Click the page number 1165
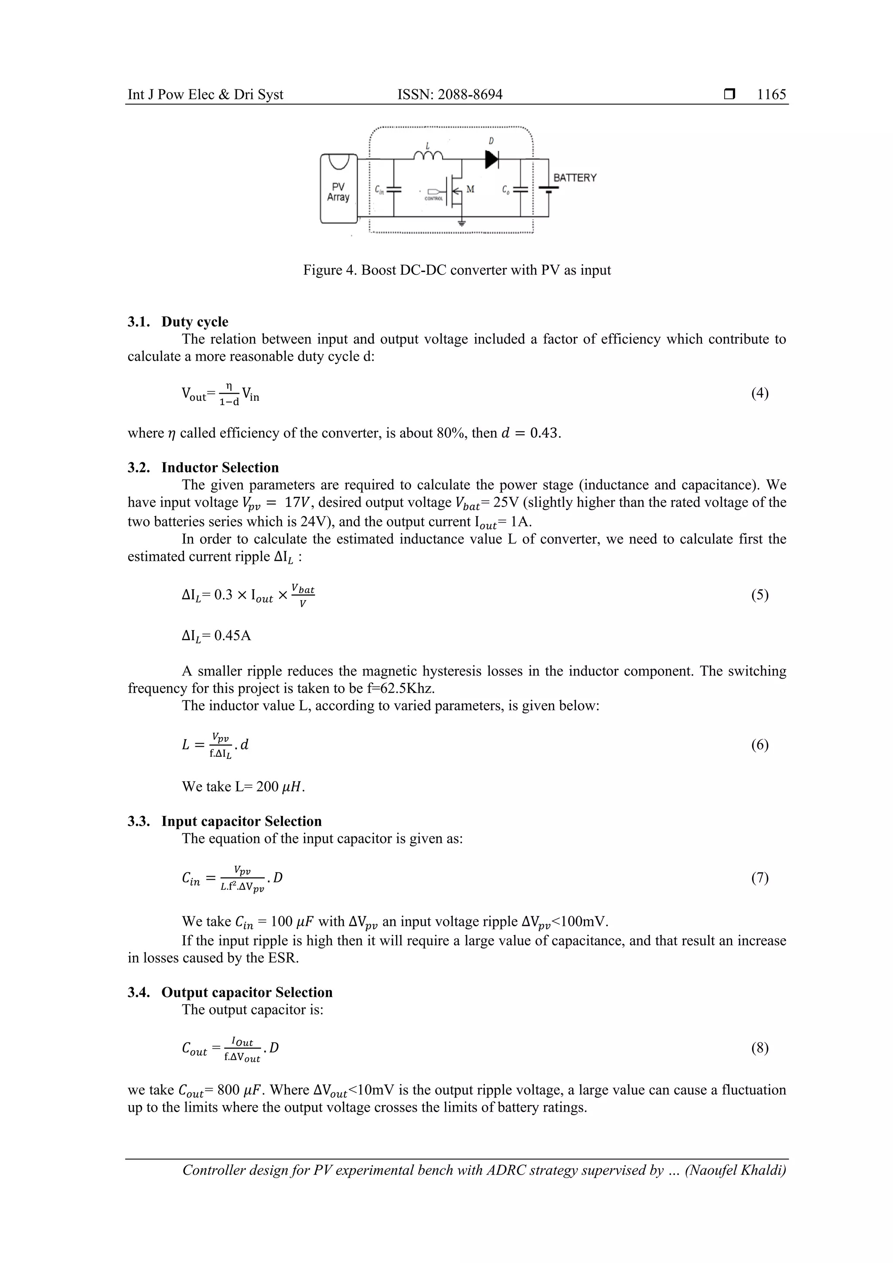tap(771, 95)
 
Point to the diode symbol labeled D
tap(491, 160)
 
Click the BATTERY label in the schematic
tap(575, 178)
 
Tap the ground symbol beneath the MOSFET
tap(462, 223)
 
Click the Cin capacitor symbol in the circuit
tap(394, 189)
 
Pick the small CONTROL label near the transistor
tap(433, 198)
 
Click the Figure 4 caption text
tap(457, 270)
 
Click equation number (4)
tap(760, 393)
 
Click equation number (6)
tap(760, 745)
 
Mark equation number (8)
tap(760, 1048)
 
